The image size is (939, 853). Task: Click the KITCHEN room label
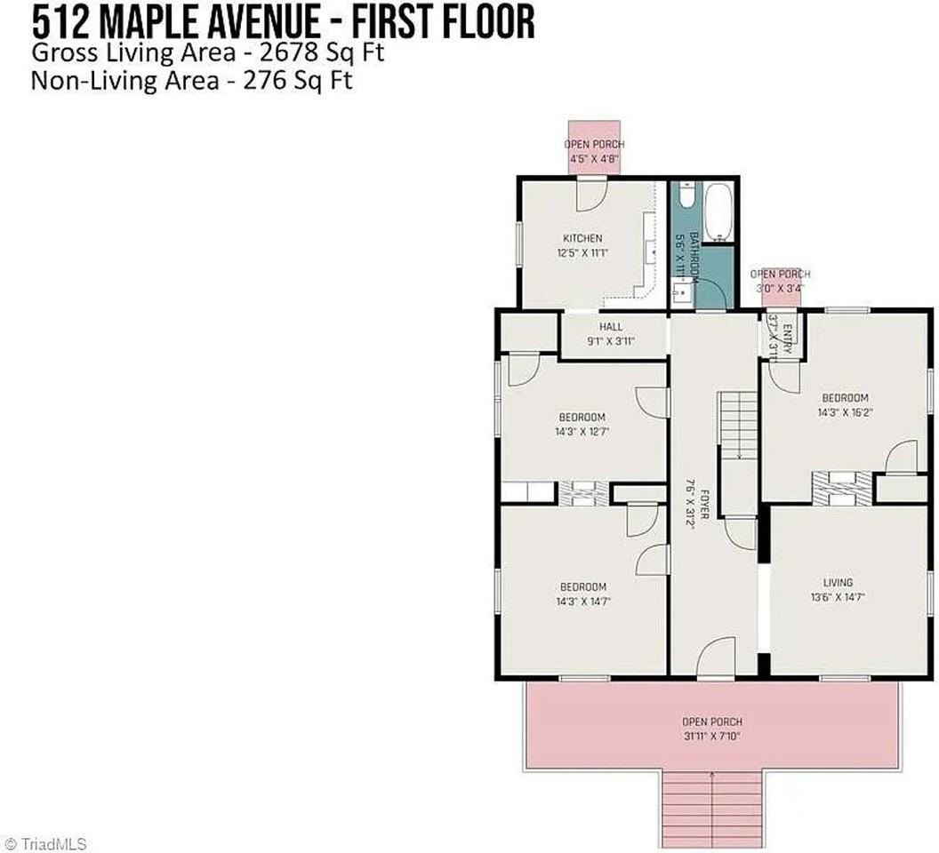tap(582, 245)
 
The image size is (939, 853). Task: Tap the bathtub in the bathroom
tap(717, 212)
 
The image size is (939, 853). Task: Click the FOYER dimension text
tap(689, 507)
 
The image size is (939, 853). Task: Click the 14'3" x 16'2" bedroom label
tap(844, 405)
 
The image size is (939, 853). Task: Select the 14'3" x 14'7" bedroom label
tap(582, 594)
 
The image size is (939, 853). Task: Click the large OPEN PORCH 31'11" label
tap(711, 729)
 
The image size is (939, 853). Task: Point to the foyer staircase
tap(737, 426)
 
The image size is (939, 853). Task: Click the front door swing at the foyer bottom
tap(714, 662)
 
